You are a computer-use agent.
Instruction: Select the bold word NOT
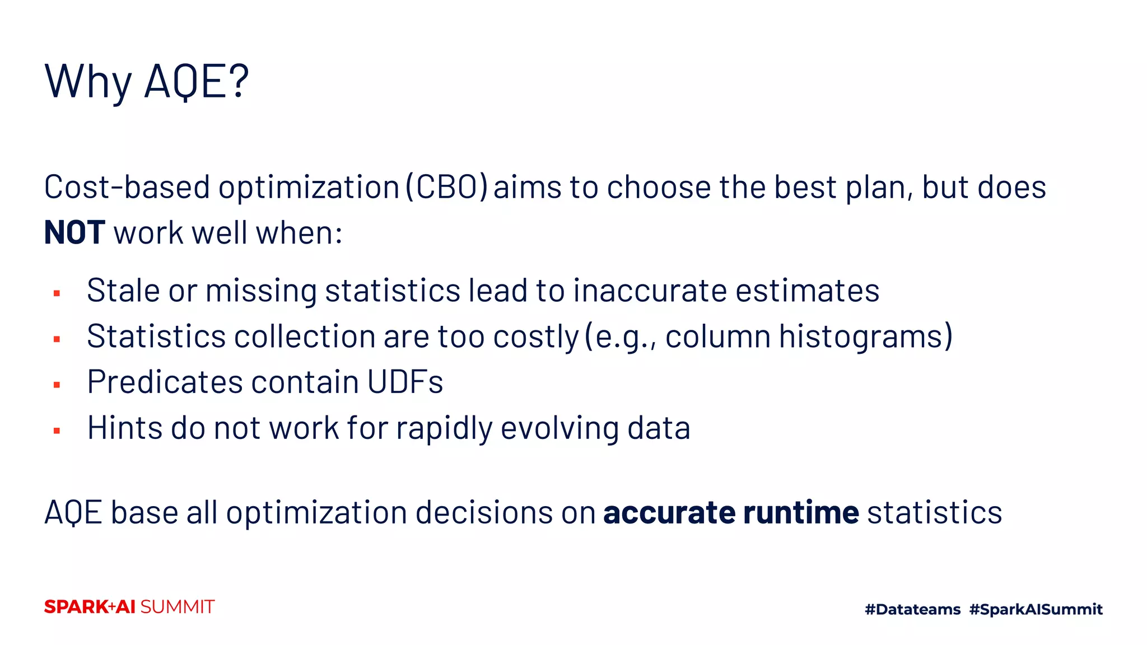pos(74,233)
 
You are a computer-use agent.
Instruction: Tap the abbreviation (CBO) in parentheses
pos(446,187)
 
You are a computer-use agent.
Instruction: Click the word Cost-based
pos(127,187)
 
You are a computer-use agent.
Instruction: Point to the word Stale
pos(123,291)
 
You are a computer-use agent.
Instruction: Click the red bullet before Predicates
pos(57,385)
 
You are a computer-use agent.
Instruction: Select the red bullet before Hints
pos(57,431)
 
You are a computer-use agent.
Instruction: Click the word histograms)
pos(865,336)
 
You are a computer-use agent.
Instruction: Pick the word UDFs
pos(405,382)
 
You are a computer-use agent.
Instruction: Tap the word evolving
pos(559,428)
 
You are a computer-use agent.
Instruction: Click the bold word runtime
pos(800,512)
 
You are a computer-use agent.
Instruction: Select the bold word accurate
pos(669,512)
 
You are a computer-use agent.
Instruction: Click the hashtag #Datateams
pos(912,609)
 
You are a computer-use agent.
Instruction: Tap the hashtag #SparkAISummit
pos(1036,609)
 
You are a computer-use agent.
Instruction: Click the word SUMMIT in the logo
pos(177,607)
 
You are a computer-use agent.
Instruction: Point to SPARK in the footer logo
pos(76,607)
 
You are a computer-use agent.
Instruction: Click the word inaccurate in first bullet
pos(650,291)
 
